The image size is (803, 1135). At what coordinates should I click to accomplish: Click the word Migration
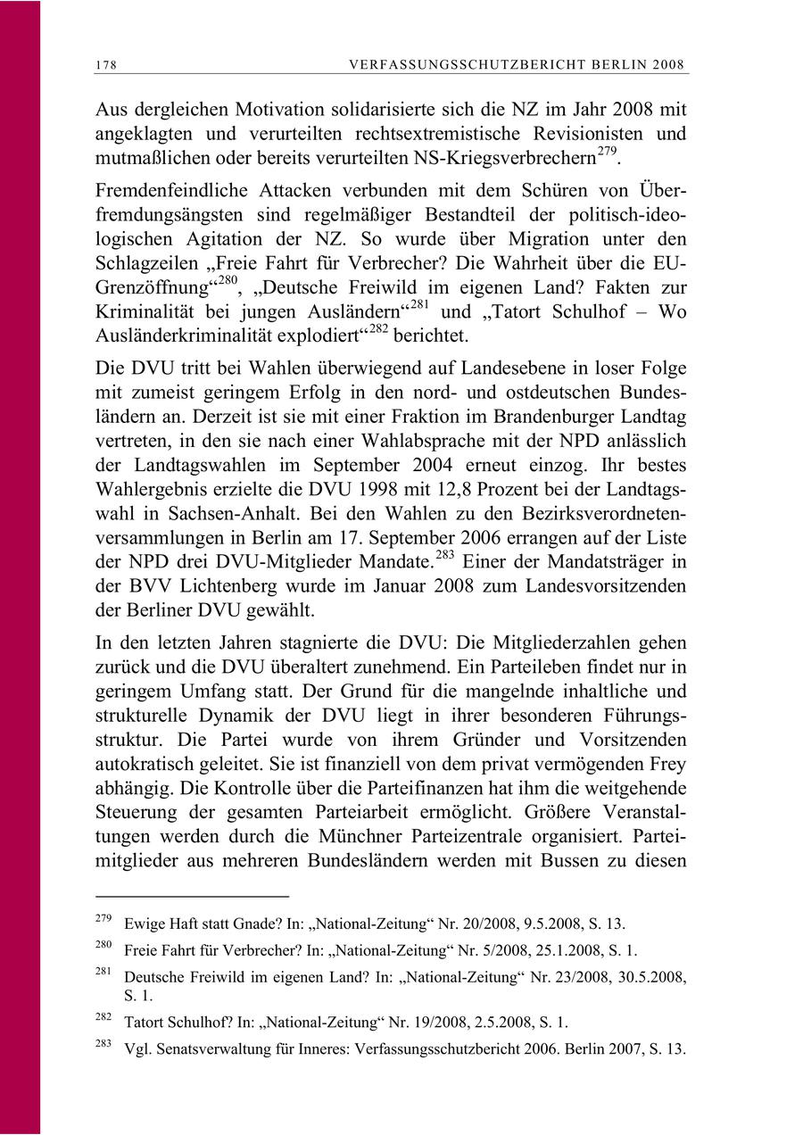[513, 239]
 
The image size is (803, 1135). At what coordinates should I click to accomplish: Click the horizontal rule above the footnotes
[192, 894]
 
